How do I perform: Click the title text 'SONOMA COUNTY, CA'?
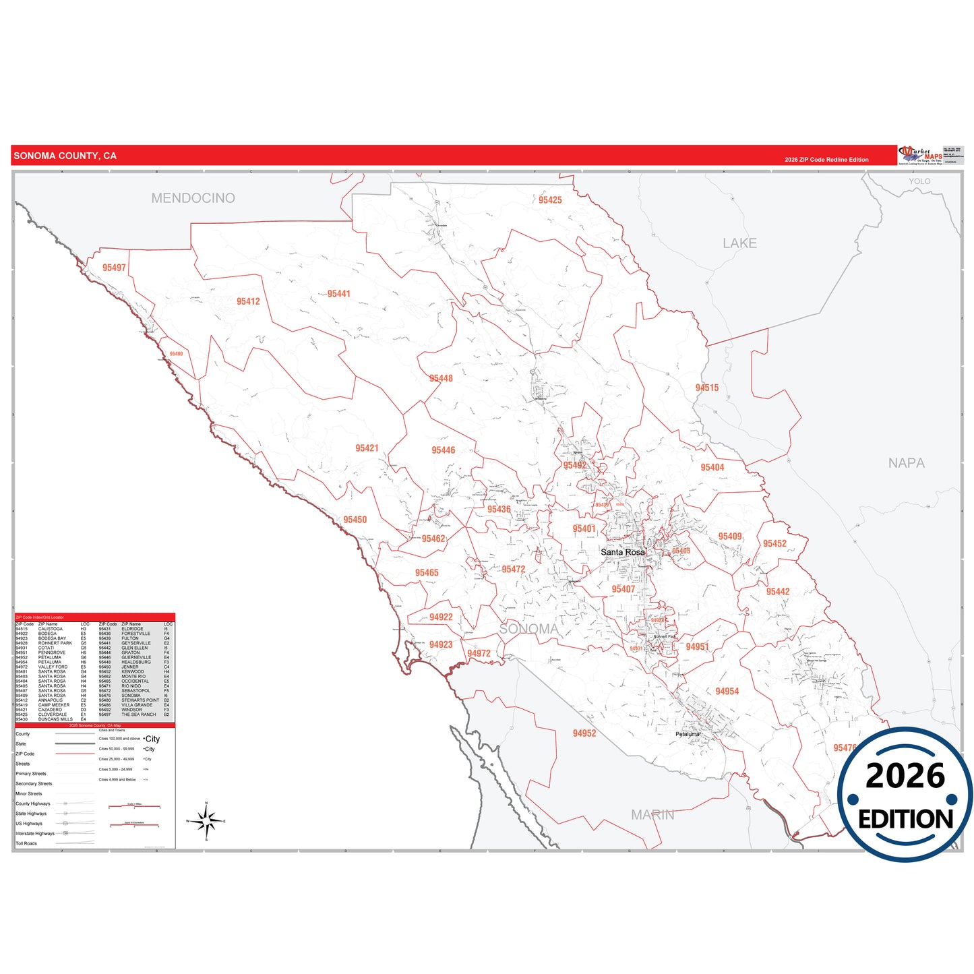point(65,156)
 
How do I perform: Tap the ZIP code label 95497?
point(114,268)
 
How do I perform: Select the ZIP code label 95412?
point(248,301)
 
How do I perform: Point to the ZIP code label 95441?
point(338,294)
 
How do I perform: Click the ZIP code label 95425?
point(550,200)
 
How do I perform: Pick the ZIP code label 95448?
point(441,378)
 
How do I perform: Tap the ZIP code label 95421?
point(367,448)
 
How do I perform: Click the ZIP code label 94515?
point(706,388)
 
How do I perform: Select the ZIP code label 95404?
point(712,467)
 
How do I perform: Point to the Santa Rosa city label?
point(622,552)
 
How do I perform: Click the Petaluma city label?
point(688,734)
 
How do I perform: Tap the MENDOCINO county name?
point(193,198)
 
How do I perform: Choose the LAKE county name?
point(739,243)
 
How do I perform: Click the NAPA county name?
point(906,463)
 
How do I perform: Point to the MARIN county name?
point(652,815)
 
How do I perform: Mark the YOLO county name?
point(919,181)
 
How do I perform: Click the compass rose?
point(206,821)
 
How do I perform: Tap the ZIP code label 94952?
point(584,733)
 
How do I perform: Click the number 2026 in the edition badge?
point(905,776)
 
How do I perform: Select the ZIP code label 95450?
point(355,520)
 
